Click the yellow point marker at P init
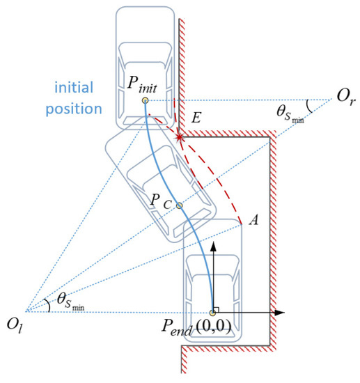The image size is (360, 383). pyautogui.click(x=145, y=100)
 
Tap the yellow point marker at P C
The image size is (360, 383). pyautogui.click(x=179, y=205)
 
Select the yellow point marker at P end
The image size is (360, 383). pyautogui.click(x=213, y=313)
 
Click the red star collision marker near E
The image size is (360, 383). pyautogui.click(x=181, y=137)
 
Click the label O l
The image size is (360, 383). pyautogui.click(x=15, y=322)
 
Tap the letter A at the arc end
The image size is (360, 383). pyautogui.click(x=254, y=220)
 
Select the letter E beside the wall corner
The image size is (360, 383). pyautogui.click(x=196, y=120)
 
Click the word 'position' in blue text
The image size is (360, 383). pyautogui.click(x=77, y=109)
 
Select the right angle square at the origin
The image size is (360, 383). pyautogui.click(x=217, y=308)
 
